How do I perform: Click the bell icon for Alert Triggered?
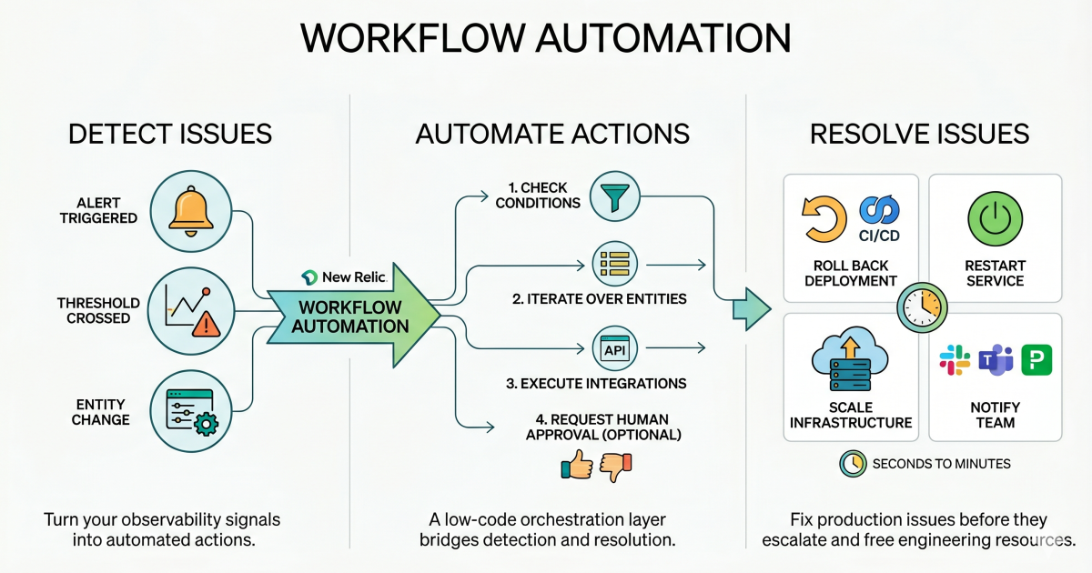tap(191, 210)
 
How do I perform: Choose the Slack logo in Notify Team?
tap(955, 361)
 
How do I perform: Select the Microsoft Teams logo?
tap(995, 361)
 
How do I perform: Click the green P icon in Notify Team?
tap(1036, 361)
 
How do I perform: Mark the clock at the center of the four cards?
tap(922, 307)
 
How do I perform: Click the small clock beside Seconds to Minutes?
tap(852, 463)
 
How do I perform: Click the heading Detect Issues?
tap(170, 135)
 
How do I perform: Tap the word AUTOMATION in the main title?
tap(662, 40)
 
